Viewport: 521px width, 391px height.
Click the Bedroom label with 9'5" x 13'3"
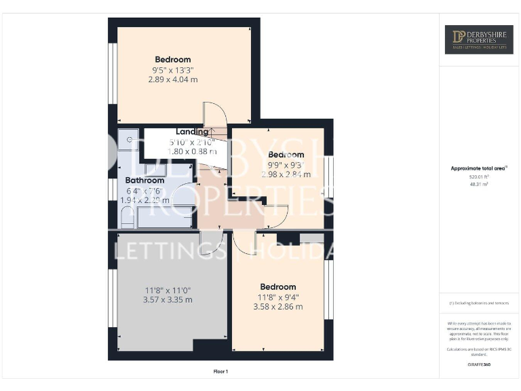point(173,59)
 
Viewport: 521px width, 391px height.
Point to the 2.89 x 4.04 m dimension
point(173,79)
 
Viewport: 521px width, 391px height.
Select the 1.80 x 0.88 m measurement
point(192,151)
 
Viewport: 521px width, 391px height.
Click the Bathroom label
point(144,181)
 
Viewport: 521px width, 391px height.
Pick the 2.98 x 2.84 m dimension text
point(286,174)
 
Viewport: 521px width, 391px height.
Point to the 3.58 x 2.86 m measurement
point(277,307)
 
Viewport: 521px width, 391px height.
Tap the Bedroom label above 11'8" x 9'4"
point(277,286)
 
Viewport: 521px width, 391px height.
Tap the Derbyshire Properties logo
point(479,39)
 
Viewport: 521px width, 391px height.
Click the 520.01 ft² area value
point(479,176)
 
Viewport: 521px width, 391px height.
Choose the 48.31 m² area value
point(479,184)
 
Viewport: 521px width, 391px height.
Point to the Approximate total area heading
point(479,168)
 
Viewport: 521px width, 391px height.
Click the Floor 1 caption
point(220,371)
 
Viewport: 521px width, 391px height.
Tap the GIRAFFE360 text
point(479,365)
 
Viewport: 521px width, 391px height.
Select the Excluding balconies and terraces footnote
point(479,303)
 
